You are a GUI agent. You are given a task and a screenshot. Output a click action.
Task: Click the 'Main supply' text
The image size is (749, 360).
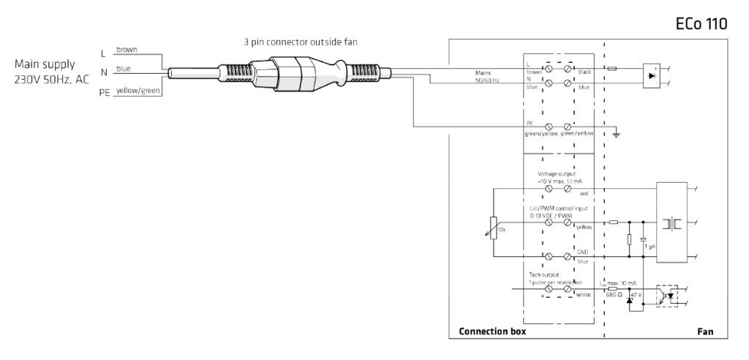click(45, 64)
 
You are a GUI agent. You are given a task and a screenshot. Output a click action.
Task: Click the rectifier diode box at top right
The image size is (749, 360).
click(652, 74)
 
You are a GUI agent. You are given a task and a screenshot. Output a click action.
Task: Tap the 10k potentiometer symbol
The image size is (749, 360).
click(494, 228)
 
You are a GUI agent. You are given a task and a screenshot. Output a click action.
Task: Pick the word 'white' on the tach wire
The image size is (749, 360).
click(583, 294)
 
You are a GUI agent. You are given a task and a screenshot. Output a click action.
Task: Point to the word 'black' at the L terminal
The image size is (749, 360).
click(584, 72)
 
